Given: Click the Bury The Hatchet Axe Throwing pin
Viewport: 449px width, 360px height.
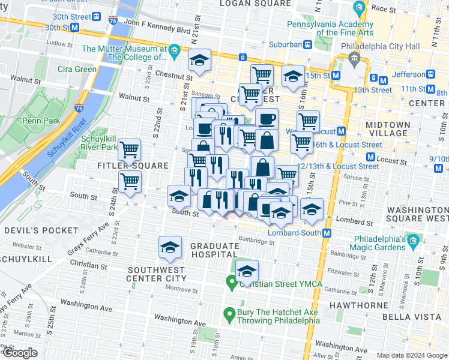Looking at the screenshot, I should pos(229,314).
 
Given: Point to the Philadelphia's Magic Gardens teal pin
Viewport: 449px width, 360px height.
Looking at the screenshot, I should pos(412,242).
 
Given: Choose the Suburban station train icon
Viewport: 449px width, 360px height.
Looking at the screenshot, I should pos(307,44).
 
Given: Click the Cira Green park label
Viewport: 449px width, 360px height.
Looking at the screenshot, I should pos(77,69).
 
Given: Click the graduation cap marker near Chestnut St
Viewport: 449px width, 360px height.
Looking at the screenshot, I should pos(199,60).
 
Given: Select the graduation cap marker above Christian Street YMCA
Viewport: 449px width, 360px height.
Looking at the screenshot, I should pos(246,271).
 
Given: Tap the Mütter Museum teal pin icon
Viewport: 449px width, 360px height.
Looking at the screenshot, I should pos(174,50).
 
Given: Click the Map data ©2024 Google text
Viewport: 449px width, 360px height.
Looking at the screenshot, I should pos(412,355).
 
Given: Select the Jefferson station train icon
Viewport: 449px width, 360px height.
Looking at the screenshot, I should pos(430,74).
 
